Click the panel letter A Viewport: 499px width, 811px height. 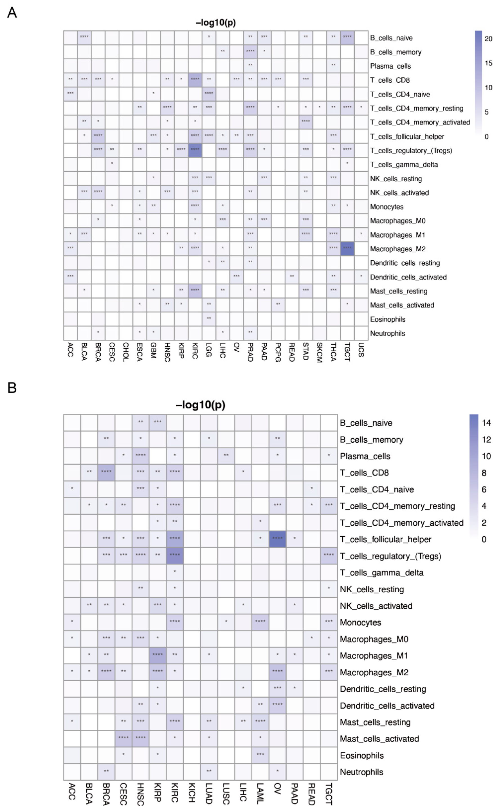12,13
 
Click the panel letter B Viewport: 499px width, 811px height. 12,387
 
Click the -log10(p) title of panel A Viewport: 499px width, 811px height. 215,23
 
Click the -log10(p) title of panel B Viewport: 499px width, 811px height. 201,405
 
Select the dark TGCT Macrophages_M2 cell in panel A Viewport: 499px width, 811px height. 347,248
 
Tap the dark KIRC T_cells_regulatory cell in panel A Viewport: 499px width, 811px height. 195,150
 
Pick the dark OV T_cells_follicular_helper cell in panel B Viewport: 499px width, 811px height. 277,539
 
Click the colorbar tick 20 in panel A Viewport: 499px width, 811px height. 488,39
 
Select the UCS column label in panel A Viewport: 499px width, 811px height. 361,350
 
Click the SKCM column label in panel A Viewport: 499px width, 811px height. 319,353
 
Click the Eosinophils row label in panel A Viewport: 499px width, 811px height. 387,319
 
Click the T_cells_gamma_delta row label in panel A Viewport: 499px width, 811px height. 404,164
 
